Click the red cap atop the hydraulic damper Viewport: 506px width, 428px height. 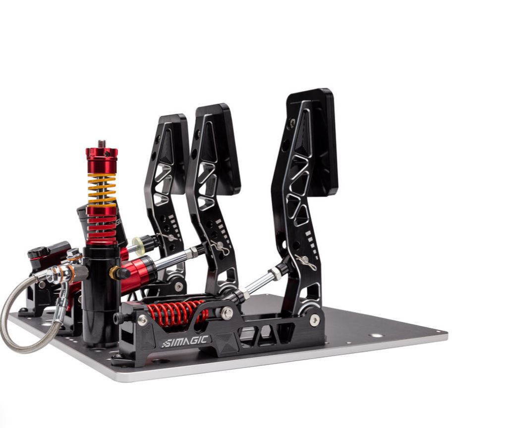tap(101, 160)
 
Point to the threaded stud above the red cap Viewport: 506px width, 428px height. tap(102, 144)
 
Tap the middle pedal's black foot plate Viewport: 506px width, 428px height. tap(219, 149)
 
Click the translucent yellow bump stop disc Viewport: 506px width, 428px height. tap(137, 244)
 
